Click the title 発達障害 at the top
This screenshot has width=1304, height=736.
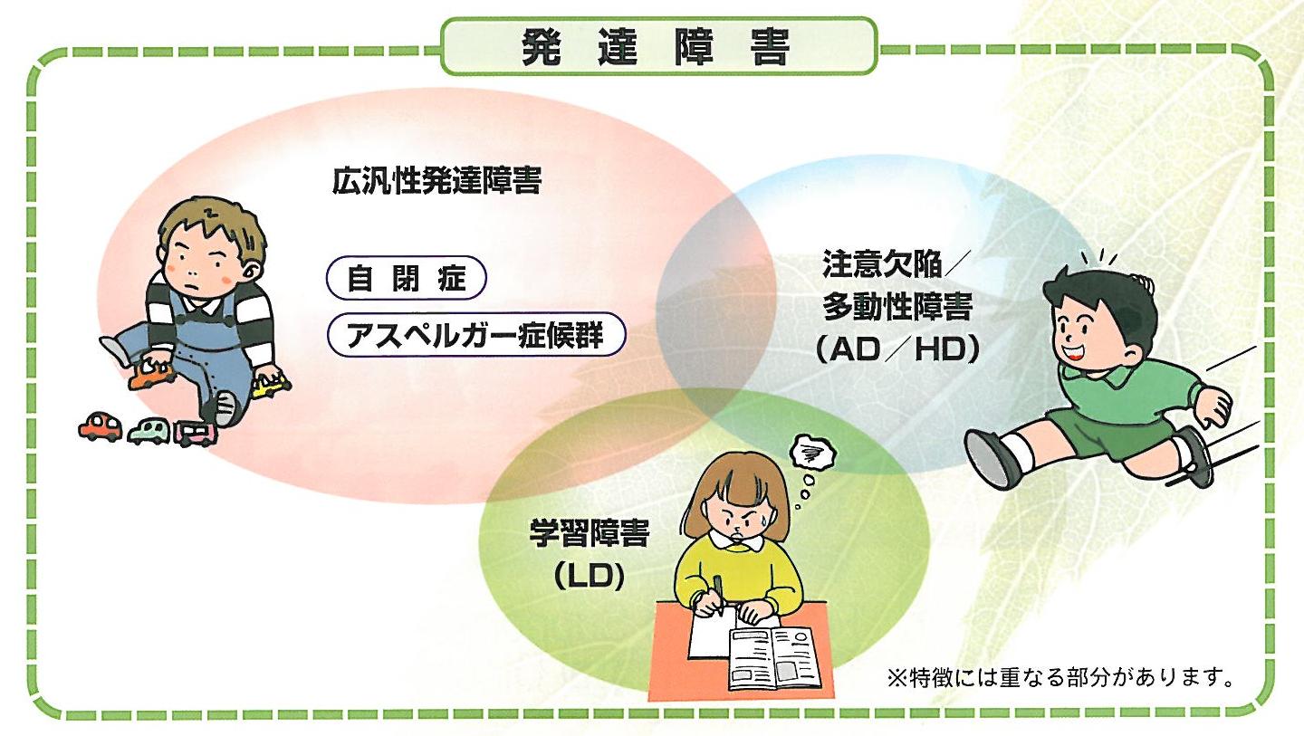[657, 45]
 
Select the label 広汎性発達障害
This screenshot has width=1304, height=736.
[436, 182]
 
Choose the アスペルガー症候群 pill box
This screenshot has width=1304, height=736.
[475, 336]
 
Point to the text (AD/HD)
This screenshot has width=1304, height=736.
[897, 350]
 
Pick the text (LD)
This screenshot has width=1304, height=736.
[590, 577]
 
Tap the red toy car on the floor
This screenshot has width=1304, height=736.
[100, 426]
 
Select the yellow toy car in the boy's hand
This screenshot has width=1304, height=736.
[270, 387]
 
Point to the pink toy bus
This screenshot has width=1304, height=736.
[196, 434]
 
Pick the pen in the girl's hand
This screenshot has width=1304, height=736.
[718, 593]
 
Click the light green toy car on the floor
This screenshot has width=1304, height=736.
[149, 431]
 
